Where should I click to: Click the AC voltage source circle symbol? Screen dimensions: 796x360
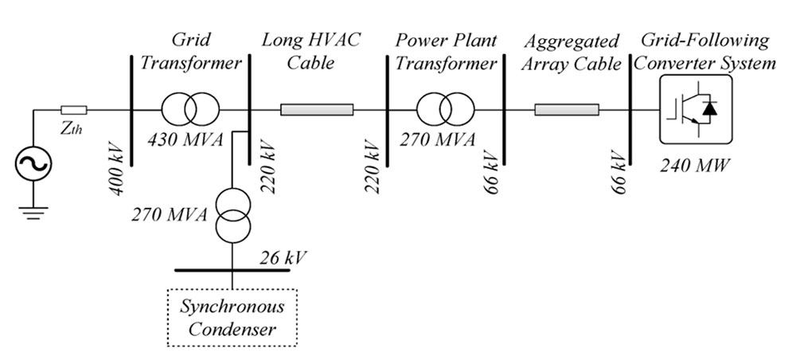point(33,163)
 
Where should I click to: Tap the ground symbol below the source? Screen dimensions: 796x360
point(33,212)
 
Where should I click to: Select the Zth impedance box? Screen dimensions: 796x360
point(73,110)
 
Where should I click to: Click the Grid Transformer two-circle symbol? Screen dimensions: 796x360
point(191,109)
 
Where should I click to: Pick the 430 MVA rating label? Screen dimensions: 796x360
point(185,139)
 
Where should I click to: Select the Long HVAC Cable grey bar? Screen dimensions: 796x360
point(317,110)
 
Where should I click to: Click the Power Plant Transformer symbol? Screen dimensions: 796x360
point(445,109)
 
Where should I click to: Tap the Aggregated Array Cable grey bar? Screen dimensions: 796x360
point(567,110)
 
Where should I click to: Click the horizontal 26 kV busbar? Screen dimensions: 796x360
point(232,270)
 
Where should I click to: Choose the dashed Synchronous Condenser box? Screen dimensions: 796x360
point(232,317)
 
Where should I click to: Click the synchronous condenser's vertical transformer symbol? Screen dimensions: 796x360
point(232,215)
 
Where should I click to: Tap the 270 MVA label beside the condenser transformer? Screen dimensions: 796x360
point(170,215)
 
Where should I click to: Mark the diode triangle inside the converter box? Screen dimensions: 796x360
point(710,108)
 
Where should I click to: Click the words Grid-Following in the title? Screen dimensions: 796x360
point(705,41)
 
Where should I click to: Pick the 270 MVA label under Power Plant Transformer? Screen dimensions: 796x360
point(437,139)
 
